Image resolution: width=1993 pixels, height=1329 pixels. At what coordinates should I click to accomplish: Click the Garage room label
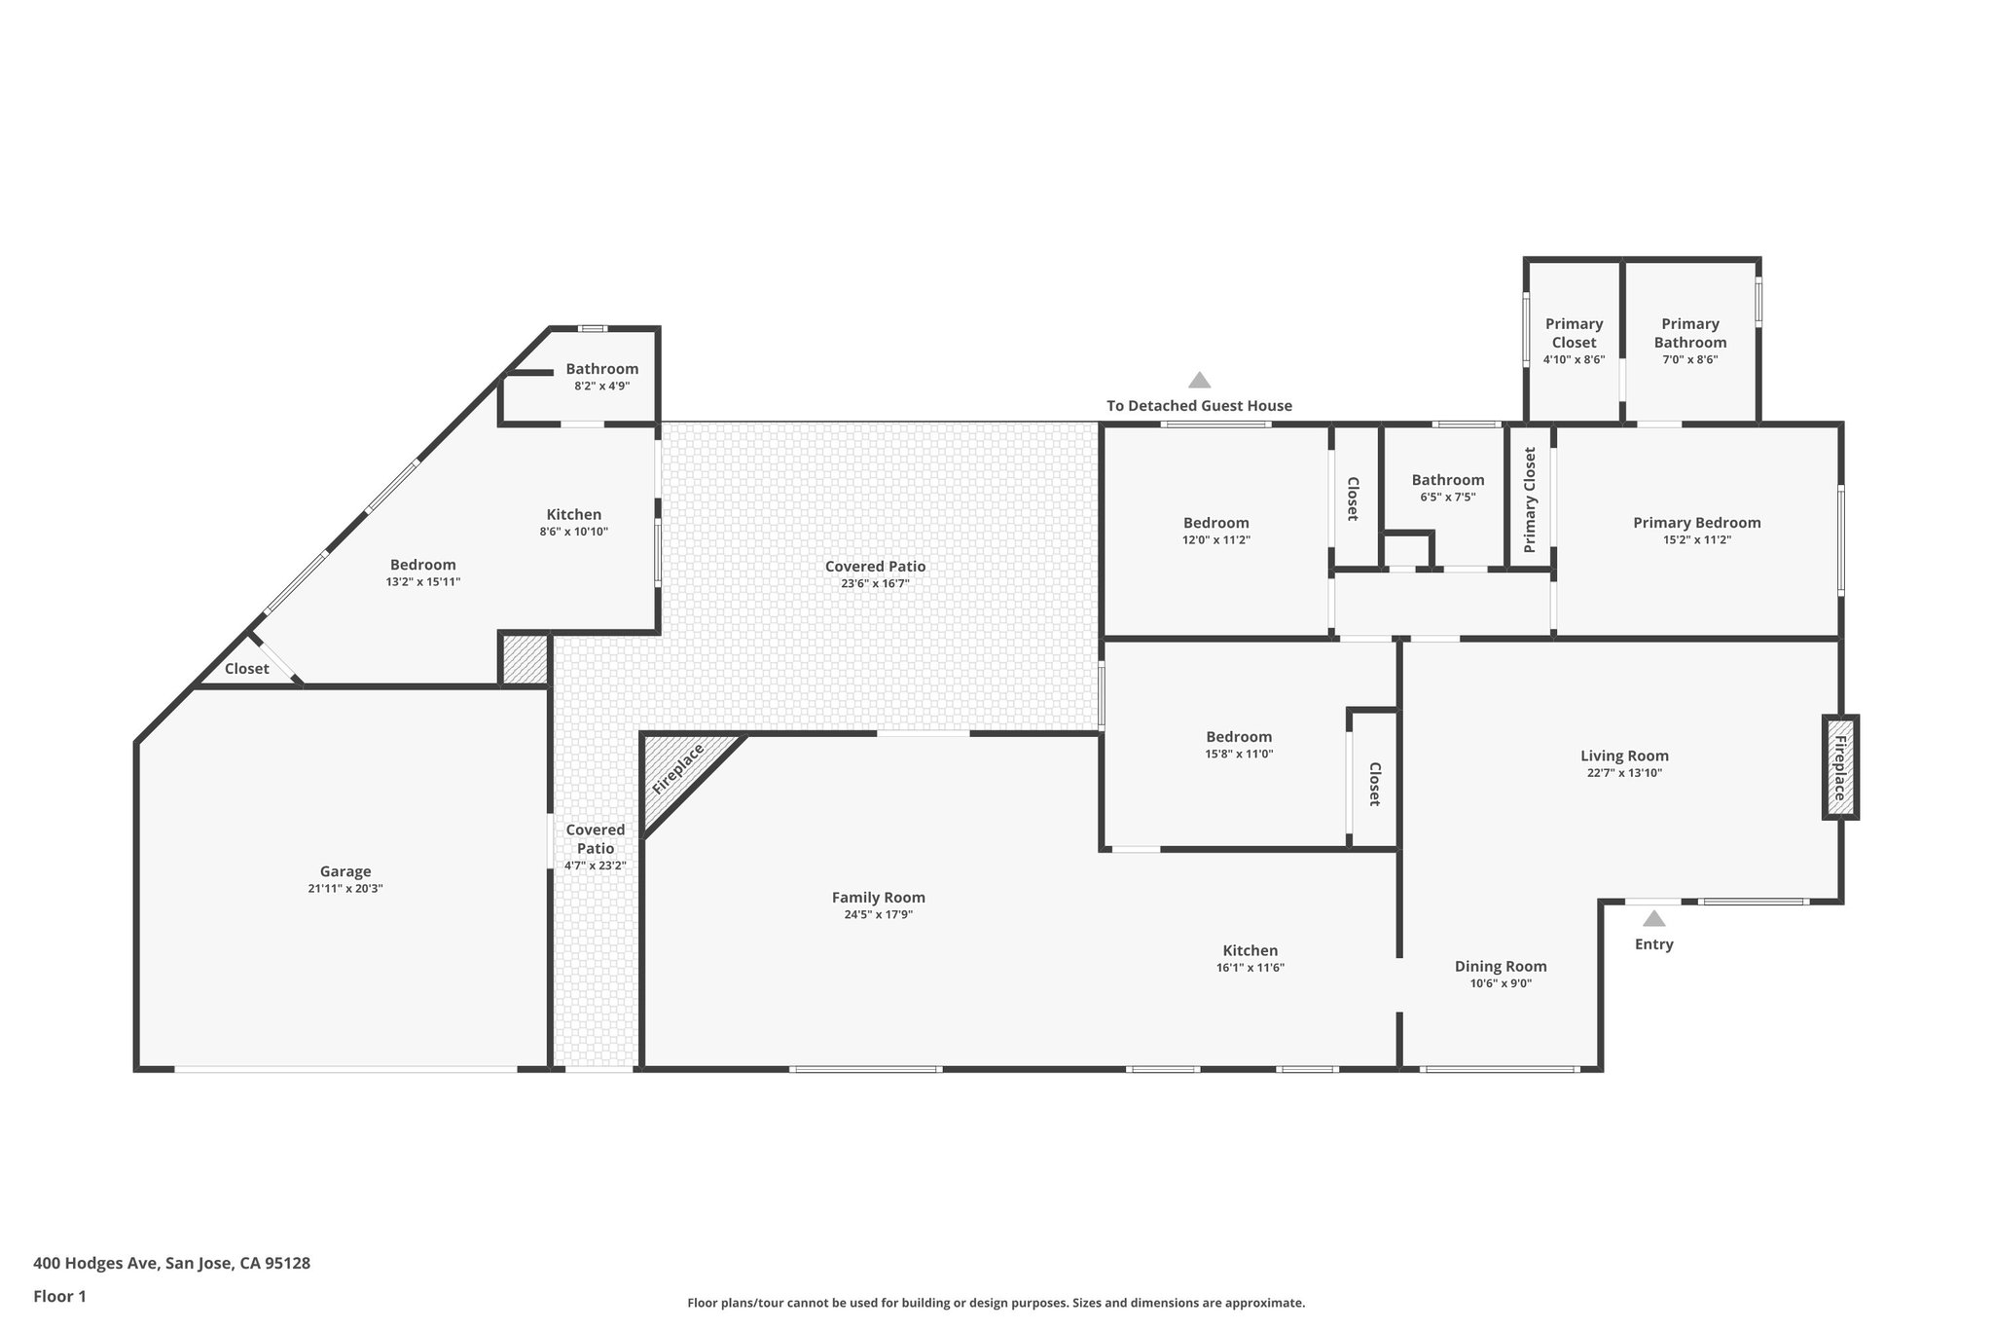coord(345,871)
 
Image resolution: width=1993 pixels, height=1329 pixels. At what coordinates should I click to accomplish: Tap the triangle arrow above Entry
coord(1653,918)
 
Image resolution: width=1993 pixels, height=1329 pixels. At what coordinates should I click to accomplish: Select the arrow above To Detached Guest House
coord(1199,381)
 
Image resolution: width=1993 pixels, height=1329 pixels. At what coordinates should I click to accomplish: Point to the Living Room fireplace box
coord(1840,767)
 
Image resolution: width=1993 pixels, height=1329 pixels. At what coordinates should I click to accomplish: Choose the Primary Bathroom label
coord(1690,333)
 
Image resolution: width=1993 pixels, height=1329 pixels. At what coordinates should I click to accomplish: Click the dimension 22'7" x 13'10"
coord(1624,773)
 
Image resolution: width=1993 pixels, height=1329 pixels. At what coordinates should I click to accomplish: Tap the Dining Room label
coord(1501,966)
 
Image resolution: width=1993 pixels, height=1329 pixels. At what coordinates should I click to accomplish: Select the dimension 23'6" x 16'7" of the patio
coord(875,584)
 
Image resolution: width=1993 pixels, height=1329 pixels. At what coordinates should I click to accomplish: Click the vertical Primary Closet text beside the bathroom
coord(1529,499)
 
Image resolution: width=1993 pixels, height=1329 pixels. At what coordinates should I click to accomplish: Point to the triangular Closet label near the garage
coord(246,669)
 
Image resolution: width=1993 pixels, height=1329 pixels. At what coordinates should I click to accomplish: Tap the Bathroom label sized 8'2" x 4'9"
coord(601,369)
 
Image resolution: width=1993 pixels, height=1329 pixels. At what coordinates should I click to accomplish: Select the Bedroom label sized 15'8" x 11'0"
coord(1238,737)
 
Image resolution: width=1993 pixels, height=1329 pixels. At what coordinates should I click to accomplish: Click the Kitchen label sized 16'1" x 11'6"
coord(1250,950)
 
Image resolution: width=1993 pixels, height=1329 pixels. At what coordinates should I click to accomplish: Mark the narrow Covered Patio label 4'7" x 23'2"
coord(595,839)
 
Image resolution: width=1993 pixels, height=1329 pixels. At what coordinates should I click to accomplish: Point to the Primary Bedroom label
coord(1696,523)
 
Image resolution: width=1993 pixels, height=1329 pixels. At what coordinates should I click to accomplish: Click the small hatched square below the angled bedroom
coord(525,660)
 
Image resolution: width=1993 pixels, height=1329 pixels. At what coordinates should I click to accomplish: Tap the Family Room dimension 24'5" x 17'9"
coord(878,915)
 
